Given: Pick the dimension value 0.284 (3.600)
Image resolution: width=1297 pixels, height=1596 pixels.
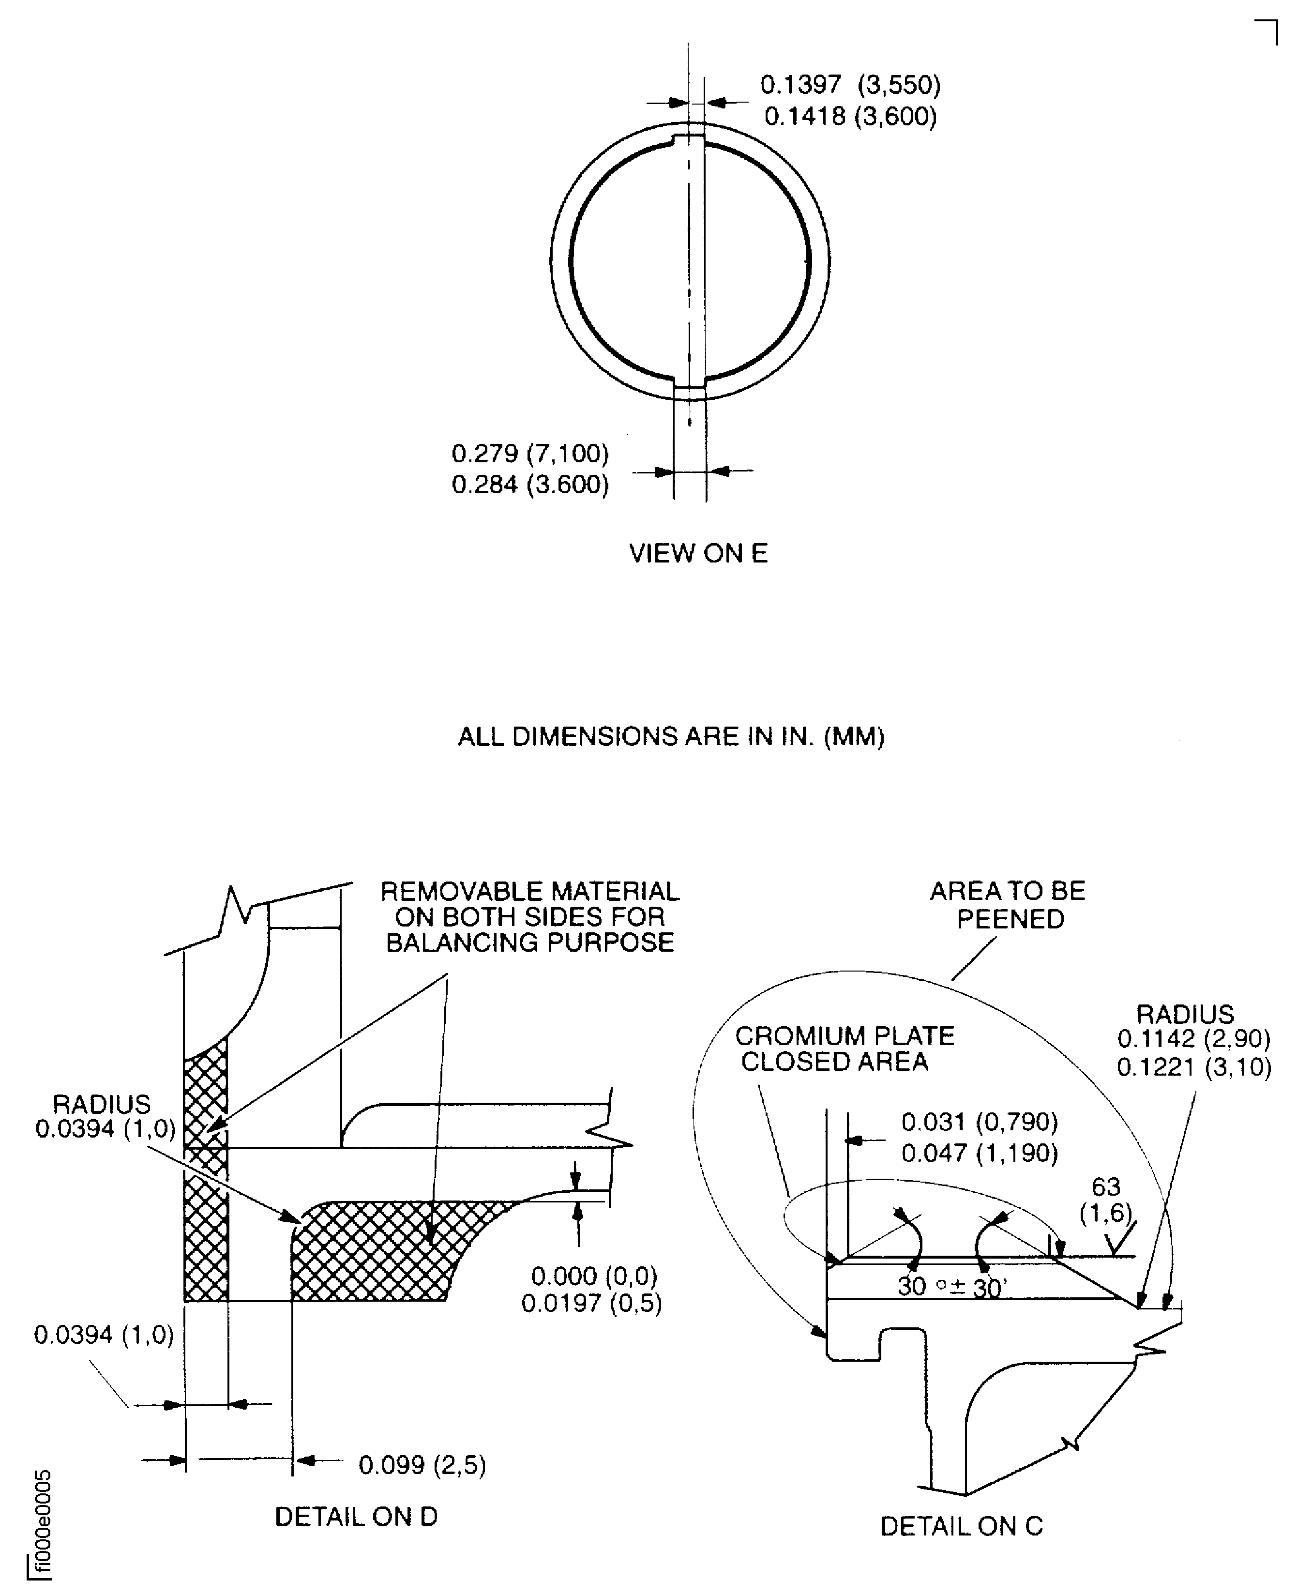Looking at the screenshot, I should [x=530, y=485].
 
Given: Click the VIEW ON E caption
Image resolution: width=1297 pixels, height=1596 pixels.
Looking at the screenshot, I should [x=698, y=554].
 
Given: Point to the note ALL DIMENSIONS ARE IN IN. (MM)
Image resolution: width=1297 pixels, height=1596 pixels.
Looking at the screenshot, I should [x=671, y=737].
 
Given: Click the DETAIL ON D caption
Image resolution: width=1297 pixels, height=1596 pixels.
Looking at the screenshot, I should [x=356, y=1517].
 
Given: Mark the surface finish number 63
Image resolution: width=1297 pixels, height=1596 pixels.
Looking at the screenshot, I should [x=1106, y=1186].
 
